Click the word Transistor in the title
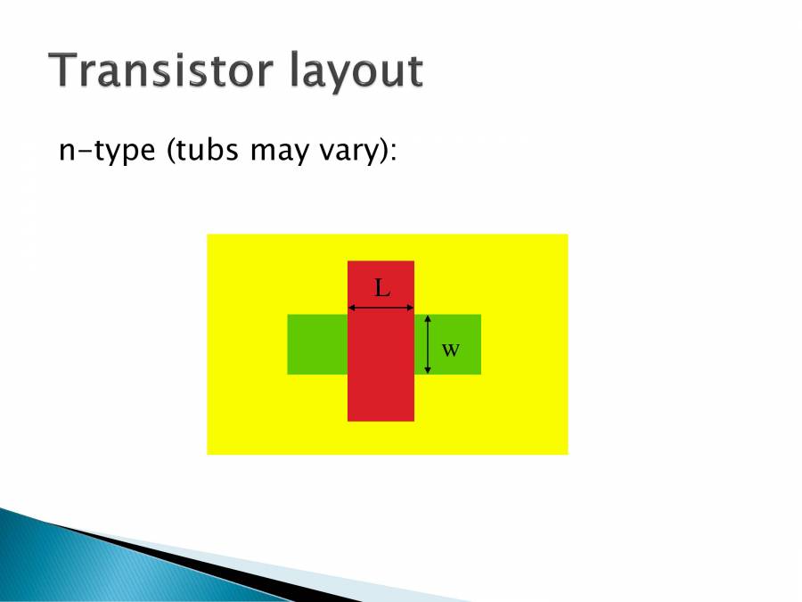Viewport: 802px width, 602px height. (x=163, y=70)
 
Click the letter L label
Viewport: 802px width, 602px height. (x=381, y=288)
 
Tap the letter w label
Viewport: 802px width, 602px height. (x=451, y=349)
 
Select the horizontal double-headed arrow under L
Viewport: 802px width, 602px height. (x=381, y=308)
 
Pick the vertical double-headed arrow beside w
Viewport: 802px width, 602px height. (x=428, y=344)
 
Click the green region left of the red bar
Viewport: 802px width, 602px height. (x=317, y=344)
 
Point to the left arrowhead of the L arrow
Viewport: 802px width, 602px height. (x=351, y=308)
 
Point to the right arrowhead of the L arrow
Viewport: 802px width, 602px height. (x=411, y=308)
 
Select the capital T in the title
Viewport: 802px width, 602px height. (x=65, y=70)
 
